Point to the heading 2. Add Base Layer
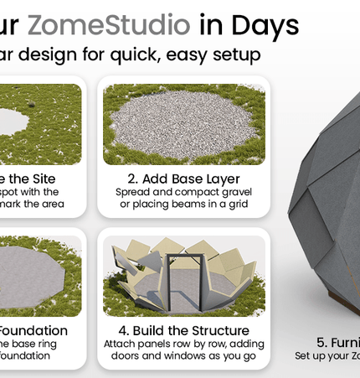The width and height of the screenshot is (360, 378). pos(184,179)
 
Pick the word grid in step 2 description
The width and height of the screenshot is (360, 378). pos(238,205)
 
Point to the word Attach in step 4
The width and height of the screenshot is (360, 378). pos(120,344)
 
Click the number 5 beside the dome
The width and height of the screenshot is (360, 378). pos(321,342)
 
